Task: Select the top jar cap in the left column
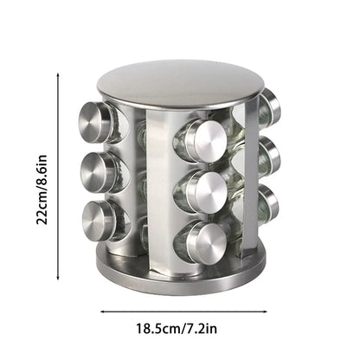[97, 122]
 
